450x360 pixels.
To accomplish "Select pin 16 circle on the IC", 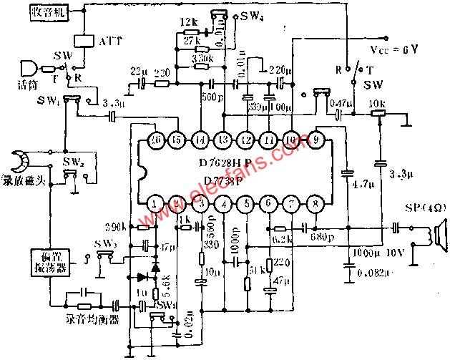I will [157, 138].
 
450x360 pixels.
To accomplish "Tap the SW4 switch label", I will [251, 16].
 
